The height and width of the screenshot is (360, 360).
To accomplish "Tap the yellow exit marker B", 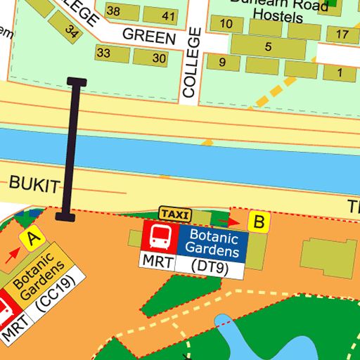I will (259, 223).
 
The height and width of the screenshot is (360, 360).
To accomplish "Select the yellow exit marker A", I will (31, 239).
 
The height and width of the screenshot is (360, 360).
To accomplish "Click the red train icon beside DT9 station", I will (160, 237).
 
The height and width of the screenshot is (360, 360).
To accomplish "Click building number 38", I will (112, 12).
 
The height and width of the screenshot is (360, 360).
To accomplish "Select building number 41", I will (168, 15).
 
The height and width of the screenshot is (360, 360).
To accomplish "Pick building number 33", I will (103, 53).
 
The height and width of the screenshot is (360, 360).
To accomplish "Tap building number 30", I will (160, 58).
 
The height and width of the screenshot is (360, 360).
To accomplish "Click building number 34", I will (71, 32).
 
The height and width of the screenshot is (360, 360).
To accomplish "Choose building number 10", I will (226, 24).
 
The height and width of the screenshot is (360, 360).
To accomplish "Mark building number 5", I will (268, 47).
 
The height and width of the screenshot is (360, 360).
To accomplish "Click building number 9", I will (222, 63).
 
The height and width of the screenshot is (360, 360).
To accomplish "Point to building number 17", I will (342, 35).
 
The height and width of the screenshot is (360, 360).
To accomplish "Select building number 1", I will (340, 72).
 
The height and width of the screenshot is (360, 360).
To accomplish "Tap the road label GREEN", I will (148, 36).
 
